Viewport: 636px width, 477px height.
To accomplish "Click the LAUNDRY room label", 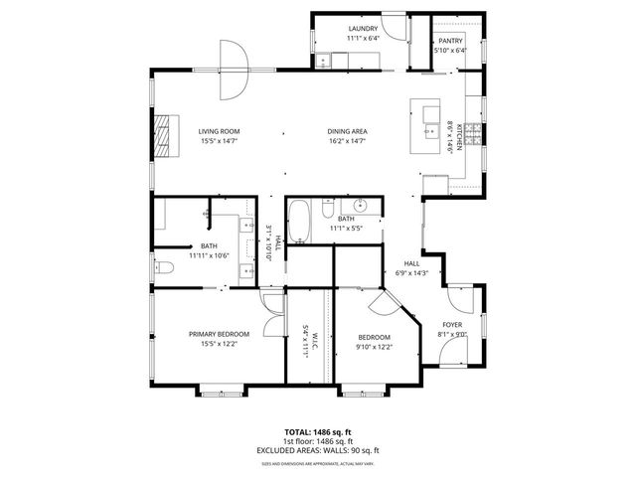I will point(362,29).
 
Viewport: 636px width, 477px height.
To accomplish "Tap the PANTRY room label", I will point(450,40).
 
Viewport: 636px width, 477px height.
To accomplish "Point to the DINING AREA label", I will point(348,131).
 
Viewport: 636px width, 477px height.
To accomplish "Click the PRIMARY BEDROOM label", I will point(219,334).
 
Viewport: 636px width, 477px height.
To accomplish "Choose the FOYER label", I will point(452,325).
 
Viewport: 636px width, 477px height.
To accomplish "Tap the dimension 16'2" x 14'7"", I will point(348,142).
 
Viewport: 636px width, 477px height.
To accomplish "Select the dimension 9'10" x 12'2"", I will point(374,348).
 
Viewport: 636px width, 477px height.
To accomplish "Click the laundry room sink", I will point(325,62).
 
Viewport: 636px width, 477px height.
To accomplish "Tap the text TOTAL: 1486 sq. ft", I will point(318,432).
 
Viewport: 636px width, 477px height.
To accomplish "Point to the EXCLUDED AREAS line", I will point(318,450).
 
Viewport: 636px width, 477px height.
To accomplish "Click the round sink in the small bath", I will point(363,207).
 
